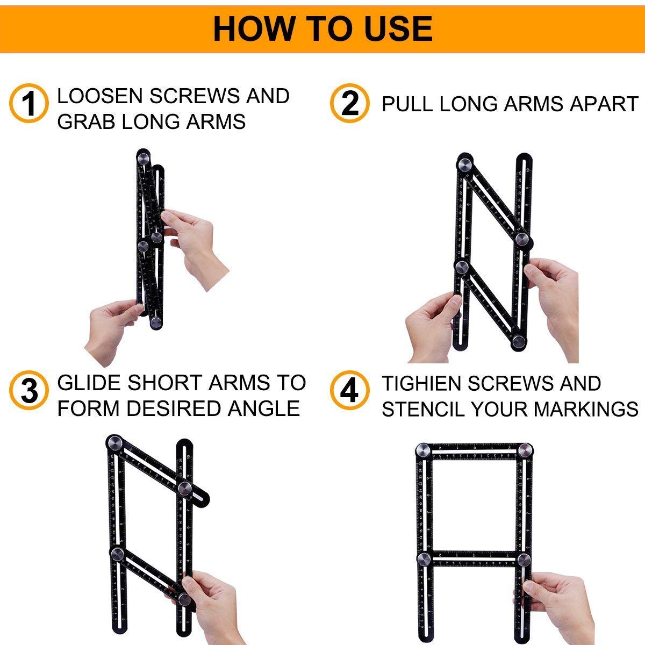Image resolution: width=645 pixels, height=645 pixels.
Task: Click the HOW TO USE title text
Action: [x=322, y=29]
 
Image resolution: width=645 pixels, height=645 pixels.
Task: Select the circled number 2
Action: [x=349, y=103]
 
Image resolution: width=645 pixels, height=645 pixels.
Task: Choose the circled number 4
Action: [x=349, y=390]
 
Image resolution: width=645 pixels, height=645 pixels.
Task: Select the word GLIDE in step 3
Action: [x=89, y=383]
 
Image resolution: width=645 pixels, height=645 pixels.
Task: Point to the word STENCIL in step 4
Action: [x=422, y=409]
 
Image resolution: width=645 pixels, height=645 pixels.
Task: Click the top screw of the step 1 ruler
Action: [x=144, y=159]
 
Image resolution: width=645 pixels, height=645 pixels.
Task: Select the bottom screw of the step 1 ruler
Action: [x=156, y=321]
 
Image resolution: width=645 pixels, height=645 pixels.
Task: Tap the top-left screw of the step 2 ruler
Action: [x=465, y=163]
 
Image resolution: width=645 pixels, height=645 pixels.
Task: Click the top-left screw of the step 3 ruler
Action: [x=115, y=443]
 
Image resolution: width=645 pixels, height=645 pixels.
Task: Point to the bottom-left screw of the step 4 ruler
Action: [x=424, y=559]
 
